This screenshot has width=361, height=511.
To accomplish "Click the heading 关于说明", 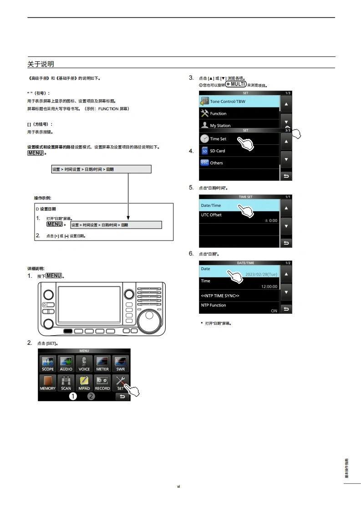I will [x=41, y=64].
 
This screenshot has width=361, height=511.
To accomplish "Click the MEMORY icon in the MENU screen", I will [x=47, y=383].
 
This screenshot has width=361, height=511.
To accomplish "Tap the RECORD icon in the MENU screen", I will [x=102, y=383].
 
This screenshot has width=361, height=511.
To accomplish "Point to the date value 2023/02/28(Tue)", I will [x=261, y=275].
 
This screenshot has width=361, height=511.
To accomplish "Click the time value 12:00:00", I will [x=269, y=286].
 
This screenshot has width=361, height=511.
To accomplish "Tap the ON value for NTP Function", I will [x=274, y=311].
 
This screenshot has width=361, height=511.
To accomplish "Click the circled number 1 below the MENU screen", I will [x=73, y=396].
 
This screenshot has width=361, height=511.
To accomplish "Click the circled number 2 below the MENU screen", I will [x=91, y=396].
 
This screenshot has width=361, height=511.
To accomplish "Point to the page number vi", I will [x=179, y=486].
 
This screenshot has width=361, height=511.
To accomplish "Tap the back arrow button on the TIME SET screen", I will [x=286, y=243].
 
